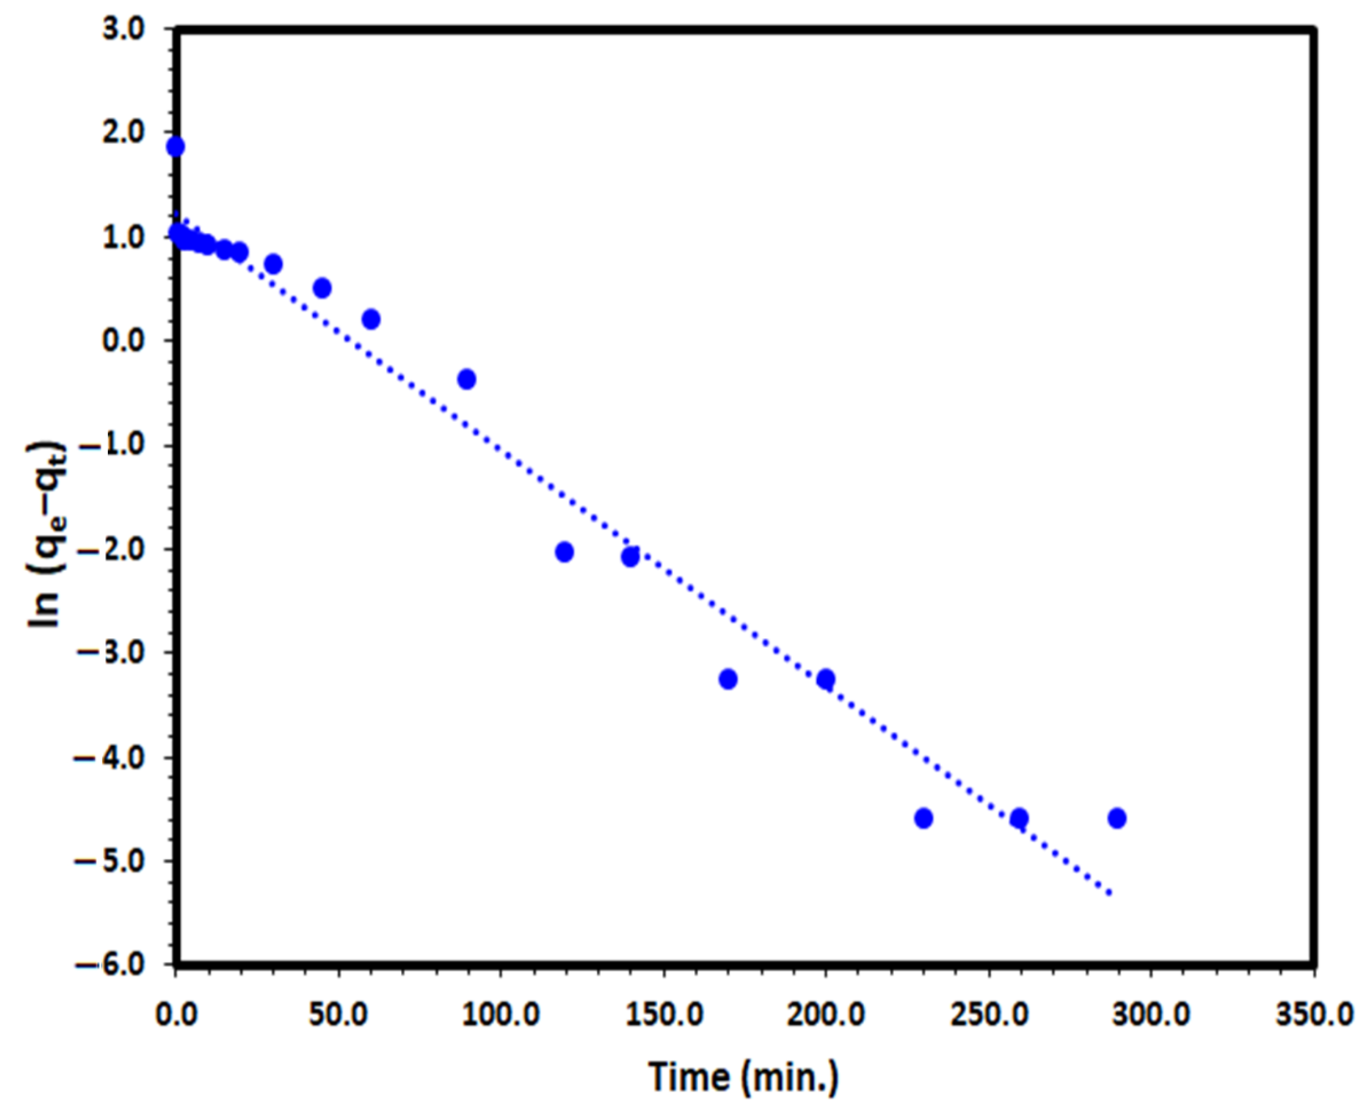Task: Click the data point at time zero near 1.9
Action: pos(175,147)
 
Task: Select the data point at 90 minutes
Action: pos(467,379)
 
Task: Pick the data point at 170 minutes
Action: pos(728,679)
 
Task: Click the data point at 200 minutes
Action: pos(826,679)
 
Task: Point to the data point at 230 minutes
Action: pos(924,819)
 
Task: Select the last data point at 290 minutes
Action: pos(1117,819)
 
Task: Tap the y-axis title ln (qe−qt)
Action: pos(47,535)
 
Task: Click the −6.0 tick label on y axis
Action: pos(116,965)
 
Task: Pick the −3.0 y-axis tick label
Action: pos(116,653)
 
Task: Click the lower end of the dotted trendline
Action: pos(1109,893)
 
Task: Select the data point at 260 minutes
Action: pos(1019,819)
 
